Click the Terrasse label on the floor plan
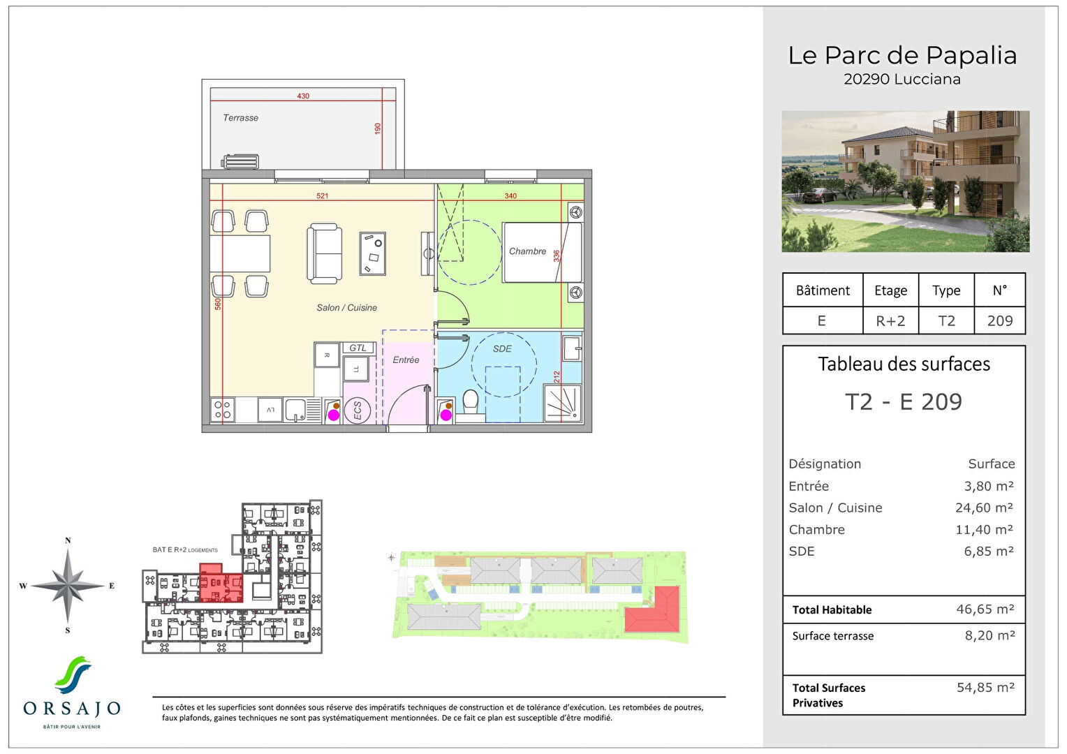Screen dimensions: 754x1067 (240, 118)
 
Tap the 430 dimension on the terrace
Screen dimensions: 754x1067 (303, 96)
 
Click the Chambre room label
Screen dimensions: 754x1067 (527, 251)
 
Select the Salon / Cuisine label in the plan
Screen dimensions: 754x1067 (346, 308)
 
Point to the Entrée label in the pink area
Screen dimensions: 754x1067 (406, 360)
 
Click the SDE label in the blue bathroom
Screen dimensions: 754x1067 (502, 349)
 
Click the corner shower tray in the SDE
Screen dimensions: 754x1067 (563, 405)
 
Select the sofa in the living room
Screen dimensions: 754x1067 (325, 253)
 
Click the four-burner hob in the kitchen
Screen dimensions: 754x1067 (223, 410)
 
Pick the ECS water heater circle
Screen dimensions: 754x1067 (358, 410)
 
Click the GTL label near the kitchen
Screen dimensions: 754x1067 (358, 348)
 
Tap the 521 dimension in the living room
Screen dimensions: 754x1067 (322, 196)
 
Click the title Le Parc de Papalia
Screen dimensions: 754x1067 (902, 56)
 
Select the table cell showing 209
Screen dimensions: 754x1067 (999, 321)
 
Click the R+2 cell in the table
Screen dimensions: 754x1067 (890, 321)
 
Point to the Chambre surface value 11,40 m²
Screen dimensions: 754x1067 (984, 530)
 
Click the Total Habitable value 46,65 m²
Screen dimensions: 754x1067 (985, 609)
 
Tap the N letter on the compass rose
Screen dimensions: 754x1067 (68, 540)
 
